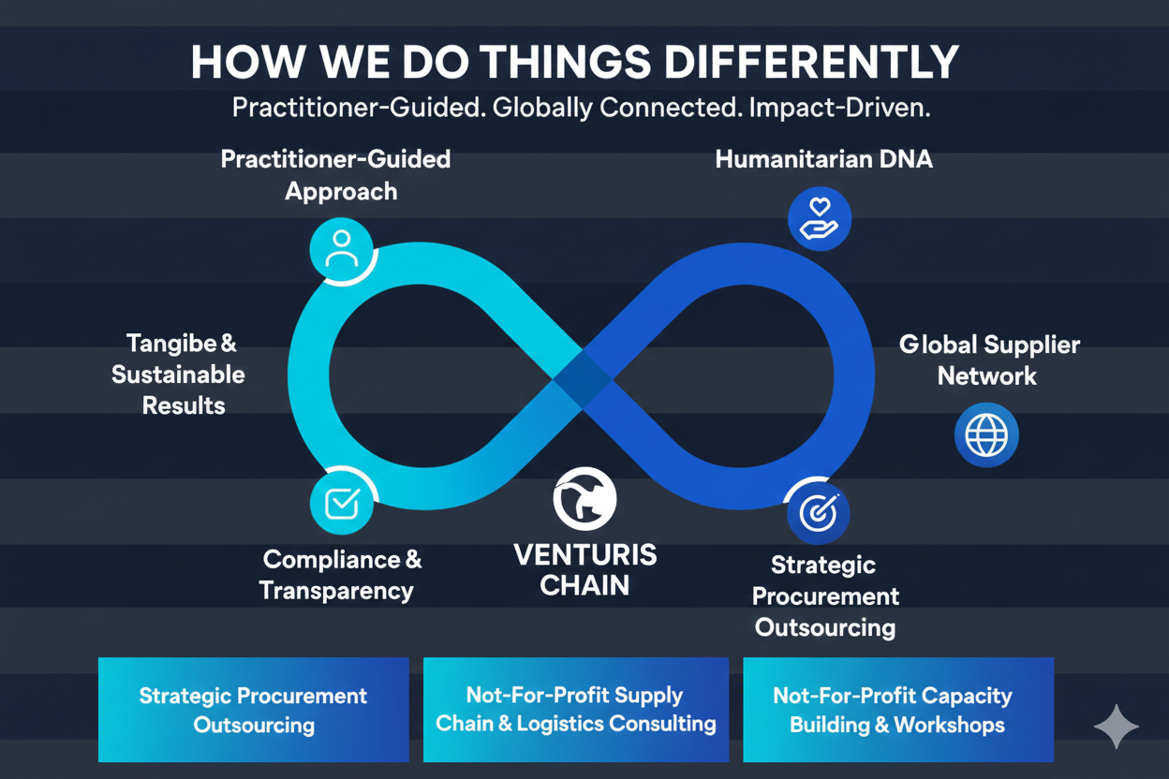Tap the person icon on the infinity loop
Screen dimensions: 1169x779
[x=341, y=249]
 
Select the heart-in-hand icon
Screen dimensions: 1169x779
[x=820, y=218]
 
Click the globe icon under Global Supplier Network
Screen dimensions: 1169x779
[x=986, y=434]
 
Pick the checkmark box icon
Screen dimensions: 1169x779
[x=342, y=503]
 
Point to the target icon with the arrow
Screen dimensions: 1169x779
[x=819, y=512]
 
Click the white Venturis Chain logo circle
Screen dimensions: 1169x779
[x=584, y=498]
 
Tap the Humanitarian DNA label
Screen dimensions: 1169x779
[x=823, y=159]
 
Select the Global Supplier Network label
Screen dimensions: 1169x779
[x=988, y=360]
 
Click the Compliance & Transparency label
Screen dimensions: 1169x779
[x=341, y=575]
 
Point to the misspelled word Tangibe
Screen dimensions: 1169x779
[x=171, y=345]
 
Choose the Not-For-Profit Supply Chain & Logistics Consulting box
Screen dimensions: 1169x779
[x=576, y=710]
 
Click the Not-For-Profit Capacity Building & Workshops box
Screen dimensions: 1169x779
[x=898, y=710]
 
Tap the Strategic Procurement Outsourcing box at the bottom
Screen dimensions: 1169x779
[x=254, y=710]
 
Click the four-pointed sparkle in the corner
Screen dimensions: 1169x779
[x=1117, y=727]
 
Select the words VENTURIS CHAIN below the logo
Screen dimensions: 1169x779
[x=585, y=570]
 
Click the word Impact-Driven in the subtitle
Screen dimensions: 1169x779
[x=839, y=108]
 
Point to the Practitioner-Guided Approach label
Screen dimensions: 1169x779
[x=335, y=175]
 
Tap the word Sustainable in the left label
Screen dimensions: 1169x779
[x=178, y=375]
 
